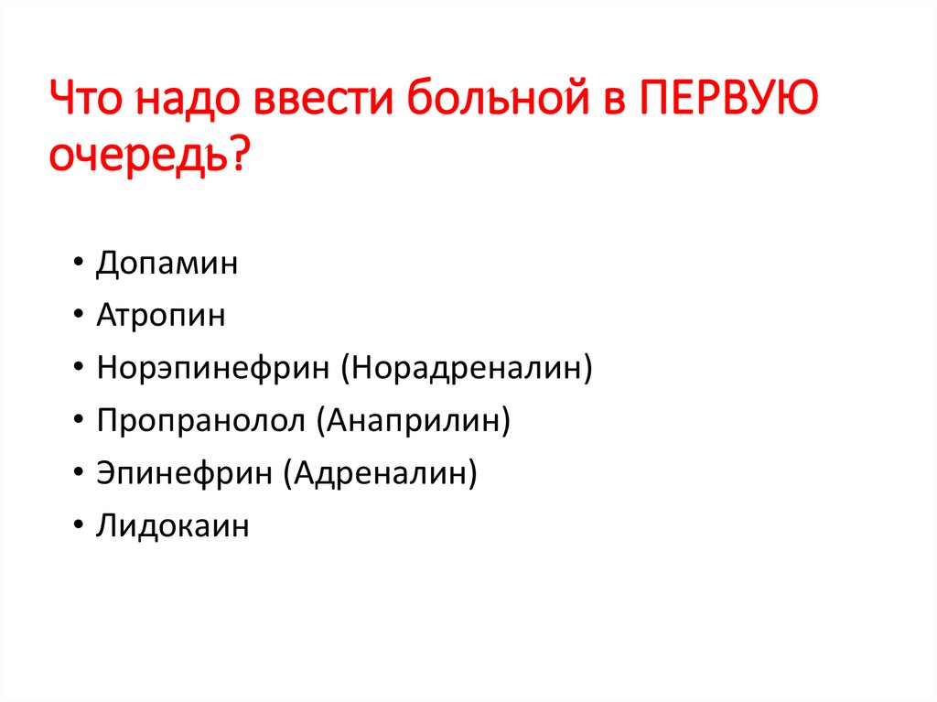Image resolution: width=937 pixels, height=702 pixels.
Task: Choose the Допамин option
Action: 167,265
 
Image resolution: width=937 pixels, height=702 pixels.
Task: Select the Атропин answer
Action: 160,317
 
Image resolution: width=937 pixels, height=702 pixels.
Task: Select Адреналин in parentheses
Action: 380,474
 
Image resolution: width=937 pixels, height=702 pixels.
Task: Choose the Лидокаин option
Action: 172,527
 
